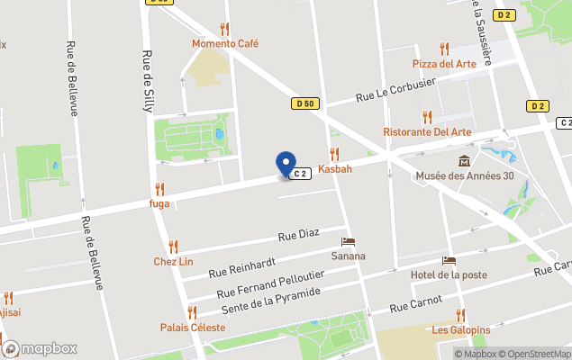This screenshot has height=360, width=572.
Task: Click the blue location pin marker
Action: click(286, 164)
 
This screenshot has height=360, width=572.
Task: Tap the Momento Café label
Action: click(225, 43)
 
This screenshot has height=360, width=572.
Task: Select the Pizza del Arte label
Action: click(443, 64)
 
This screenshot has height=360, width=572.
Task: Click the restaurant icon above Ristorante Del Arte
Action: click(427, 117)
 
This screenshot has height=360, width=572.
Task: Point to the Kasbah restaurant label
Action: click(334, 168)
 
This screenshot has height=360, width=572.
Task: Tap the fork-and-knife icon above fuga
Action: click(159, 189)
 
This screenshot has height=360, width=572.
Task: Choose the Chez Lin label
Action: click(173, 261)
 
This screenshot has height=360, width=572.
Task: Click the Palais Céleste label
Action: click(194, 327)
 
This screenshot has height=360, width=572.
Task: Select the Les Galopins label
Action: click(460, 329)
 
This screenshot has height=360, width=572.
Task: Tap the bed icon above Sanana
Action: click(348, 242)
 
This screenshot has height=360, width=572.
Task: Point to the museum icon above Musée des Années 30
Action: click(464, 161)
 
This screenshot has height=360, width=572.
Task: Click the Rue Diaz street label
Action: click(299, 237)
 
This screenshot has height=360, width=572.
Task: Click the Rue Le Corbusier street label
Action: click(395, 88)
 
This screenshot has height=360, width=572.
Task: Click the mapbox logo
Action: click(40, 348)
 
